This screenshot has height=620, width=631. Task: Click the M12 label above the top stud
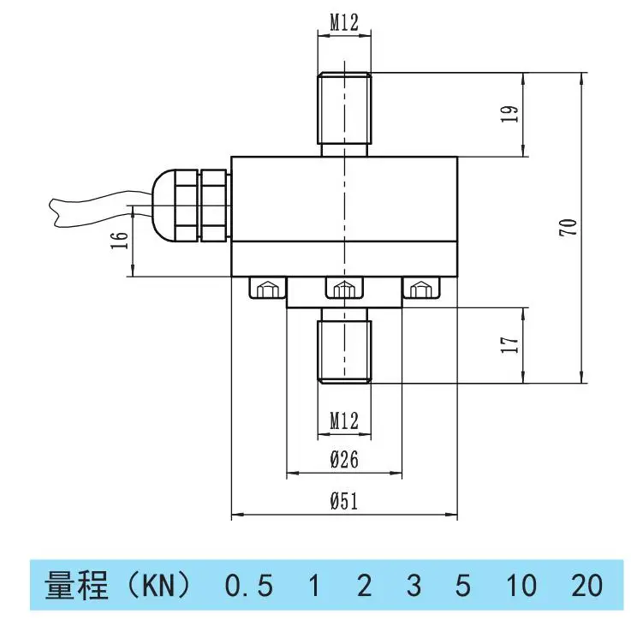coord(344,22)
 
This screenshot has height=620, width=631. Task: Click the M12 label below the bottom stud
coord(344,420)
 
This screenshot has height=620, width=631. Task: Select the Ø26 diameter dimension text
coord(344,459)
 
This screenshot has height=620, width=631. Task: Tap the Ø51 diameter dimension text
coord(344,501)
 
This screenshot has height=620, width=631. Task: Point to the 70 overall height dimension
coord(568,228)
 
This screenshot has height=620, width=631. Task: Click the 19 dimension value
coord(510,114)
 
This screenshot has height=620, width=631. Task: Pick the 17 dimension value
coord(510,345)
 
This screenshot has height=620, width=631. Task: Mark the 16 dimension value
coord(120,241)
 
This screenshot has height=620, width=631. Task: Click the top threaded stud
coord(344,114)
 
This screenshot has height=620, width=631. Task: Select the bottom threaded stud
coord(344,346)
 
